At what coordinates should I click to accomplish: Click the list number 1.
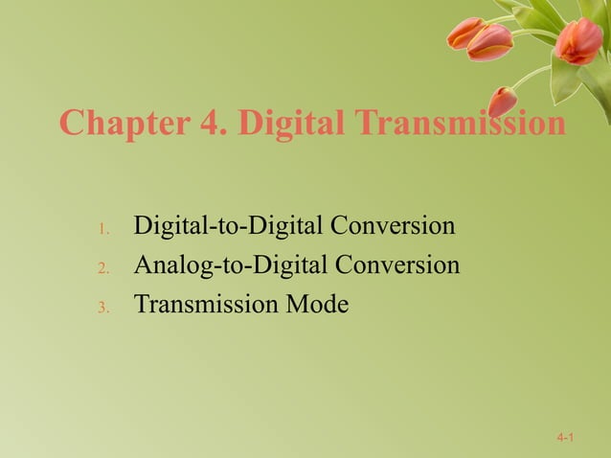[x=104, y=229]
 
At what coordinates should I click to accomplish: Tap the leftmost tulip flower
[x=464, y=34]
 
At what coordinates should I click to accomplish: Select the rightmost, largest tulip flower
[x=580, y=42]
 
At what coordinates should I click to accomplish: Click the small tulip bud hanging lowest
[x=502, y=101]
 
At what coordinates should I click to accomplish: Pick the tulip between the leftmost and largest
[x=490, y=41]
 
